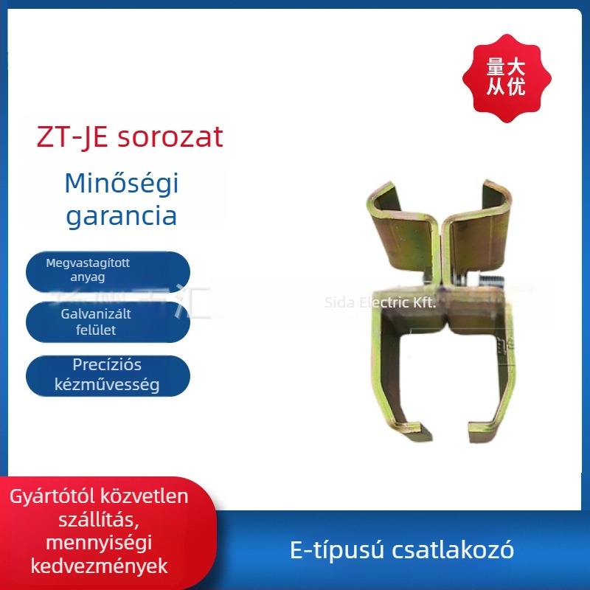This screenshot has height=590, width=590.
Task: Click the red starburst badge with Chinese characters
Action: pos(506,77)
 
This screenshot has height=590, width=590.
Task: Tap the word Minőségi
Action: pos(122,183)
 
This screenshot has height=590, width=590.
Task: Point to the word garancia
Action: pos(122,216)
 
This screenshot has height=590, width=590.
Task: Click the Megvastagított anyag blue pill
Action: pos(108,270)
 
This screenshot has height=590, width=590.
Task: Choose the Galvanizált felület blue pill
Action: pos(108,322)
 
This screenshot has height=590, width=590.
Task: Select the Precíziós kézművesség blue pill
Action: pos(108,375)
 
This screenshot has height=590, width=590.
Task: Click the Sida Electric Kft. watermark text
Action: pos(381,302)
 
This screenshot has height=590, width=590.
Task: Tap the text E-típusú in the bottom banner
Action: pos(327,550)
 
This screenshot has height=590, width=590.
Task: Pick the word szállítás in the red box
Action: pos(97,520)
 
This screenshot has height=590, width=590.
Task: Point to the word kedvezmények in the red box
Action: pos(98,566)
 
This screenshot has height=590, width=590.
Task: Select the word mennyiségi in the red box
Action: pos(98,544)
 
